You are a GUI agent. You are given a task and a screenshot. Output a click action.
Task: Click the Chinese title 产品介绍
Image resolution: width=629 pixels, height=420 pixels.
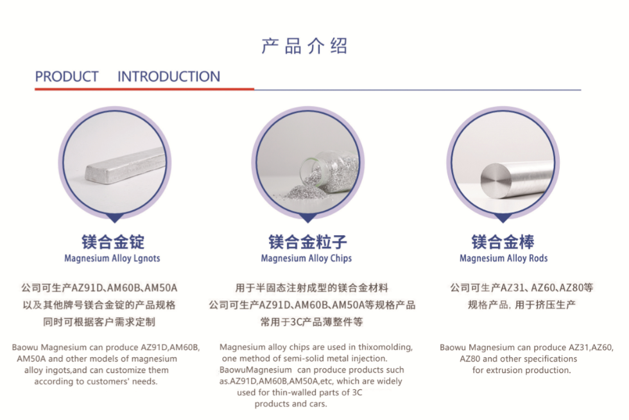(304, 46)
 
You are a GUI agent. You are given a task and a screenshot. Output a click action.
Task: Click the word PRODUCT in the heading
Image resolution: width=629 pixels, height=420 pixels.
(67, 76)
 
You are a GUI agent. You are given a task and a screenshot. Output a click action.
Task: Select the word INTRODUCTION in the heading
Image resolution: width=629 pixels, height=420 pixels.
(169, 76)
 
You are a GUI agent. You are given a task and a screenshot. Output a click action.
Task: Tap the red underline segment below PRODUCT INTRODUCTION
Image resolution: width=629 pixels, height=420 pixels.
(144, 89)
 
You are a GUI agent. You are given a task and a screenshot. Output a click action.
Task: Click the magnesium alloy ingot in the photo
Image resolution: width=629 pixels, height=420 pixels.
(125, 166)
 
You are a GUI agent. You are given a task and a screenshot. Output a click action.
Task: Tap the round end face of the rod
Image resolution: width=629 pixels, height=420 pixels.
(496, 180)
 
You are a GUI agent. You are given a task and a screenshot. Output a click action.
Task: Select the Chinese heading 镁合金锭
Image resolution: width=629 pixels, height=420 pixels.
(113, 241)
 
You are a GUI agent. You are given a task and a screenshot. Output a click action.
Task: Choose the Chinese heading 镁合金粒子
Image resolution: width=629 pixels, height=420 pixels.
(307, 241)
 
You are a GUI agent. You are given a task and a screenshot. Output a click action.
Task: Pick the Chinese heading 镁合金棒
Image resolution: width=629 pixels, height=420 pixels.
(503, 241)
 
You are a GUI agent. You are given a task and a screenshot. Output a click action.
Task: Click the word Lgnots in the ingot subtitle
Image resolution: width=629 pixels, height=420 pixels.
(147, 258)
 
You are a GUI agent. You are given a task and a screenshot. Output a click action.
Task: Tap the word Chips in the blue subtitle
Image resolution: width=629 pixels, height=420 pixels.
(341, 258)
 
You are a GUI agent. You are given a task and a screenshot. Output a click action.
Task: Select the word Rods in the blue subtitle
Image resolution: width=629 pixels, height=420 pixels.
(538, 258)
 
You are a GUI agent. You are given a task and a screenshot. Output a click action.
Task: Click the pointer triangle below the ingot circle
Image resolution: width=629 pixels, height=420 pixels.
(115, 218)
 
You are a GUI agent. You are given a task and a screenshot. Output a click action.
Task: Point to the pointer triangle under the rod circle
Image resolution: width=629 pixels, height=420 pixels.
(503, 218)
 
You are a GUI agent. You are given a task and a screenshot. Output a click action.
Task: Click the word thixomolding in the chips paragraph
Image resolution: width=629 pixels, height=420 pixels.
(385, 347)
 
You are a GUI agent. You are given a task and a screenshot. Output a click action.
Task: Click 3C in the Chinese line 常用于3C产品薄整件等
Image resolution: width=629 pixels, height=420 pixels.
(295, 322)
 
